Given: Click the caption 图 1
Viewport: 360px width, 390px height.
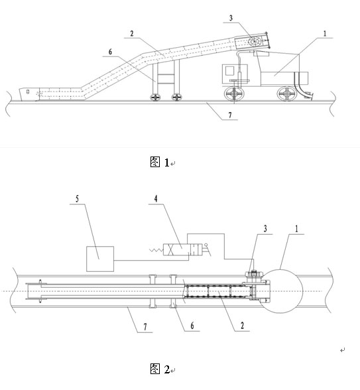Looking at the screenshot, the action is coord(160,162).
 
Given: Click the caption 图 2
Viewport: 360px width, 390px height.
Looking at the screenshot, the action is coord(160,369).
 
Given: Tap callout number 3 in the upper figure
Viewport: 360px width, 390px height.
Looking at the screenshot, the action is coord(231,18).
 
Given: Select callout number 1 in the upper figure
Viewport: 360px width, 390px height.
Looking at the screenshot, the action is coord(325,34).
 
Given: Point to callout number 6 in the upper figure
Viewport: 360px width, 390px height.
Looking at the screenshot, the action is coord(110,52).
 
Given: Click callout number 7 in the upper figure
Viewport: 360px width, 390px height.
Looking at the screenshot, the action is coord(230,115).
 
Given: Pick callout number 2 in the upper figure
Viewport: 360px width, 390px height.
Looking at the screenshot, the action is coord(132,33).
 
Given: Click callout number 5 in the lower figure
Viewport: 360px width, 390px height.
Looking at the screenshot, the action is coord(77,199).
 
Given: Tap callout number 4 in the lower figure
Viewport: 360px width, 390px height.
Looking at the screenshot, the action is coord(156,199).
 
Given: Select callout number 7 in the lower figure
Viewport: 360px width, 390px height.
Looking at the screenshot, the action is coord(145,326).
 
